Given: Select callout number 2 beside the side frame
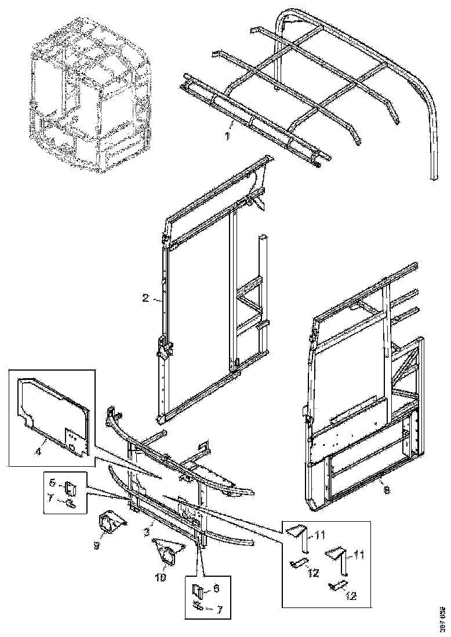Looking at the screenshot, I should coord(146,299).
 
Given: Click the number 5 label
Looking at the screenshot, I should coord(51,483).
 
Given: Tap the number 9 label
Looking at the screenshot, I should coord(96,546).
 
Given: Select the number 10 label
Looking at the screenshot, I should coord(161,577).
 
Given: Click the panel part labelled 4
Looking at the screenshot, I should coord(55,414).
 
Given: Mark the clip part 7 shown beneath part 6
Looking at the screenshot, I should coord(199,606).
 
